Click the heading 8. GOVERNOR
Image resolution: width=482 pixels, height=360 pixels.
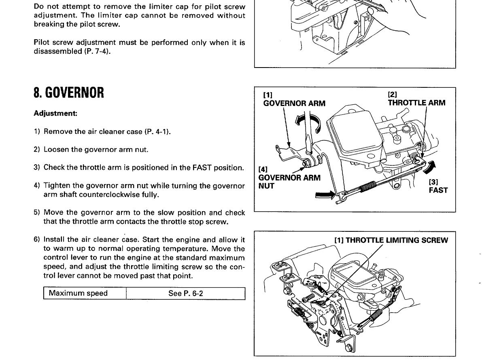pos(69,93)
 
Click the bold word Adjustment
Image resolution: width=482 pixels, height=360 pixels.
pos(55,113)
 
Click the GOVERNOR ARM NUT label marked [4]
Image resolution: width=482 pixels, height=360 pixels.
pos(289,178)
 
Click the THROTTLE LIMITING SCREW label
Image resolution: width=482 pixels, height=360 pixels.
pos(391,240)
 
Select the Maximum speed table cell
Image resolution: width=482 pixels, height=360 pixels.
pos(78,293)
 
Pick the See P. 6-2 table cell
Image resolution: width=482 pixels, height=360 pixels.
pos(185,293)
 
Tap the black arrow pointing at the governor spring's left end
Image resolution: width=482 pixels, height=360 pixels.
pos(326,196)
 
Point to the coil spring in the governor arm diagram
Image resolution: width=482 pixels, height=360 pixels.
pos(366,187)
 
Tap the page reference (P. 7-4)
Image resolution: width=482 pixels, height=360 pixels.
pos(98,52)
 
